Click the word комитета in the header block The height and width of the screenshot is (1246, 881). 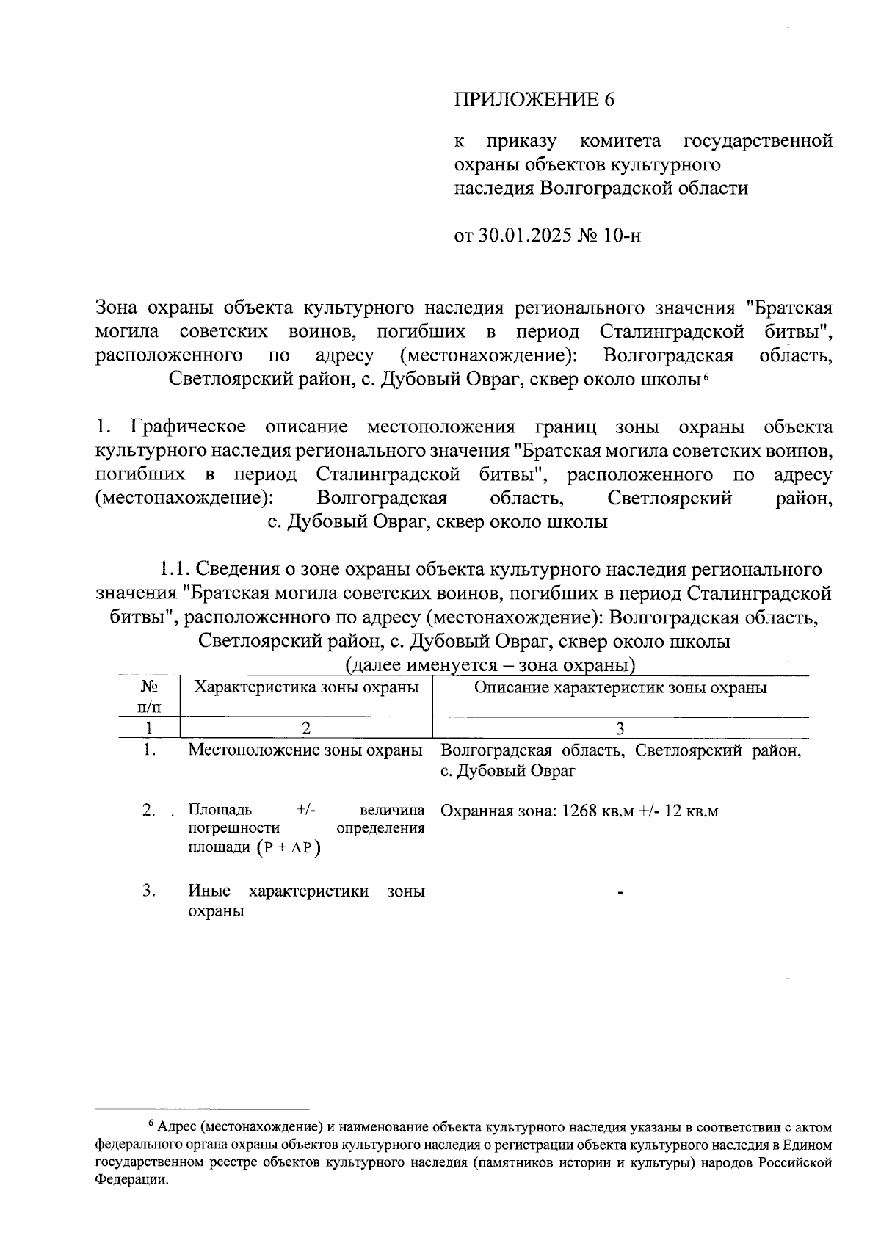coord(620,140)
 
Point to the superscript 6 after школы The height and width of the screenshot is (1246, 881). coord(706,376)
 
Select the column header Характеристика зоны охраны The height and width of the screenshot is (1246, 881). coord(306,687)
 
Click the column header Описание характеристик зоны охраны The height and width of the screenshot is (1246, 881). coord(620,687)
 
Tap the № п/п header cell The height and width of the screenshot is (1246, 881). coord(150,697)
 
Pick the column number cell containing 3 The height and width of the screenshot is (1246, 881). coord(620,728)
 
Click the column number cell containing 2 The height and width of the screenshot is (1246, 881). coord(306,728)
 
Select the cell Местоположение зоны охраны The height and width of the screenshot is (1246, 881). coord(305,750)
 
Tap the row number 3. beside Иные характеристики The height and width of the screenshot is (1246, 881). coord(150,891)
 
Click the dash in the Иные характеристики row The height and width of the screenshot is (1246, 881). coord(621,892)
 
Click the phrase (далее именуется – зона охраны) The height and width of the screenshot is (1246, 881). coord(490,666)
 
